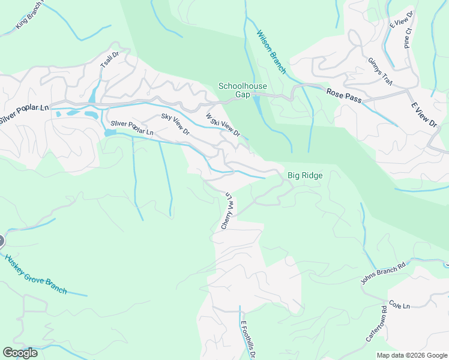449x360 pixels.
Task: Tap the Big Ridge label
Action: click(x=305, y=176)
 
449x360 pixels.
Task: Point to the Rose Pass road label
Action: click(x=344, y=95)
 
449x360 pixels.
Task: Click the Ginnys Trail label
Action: click(x=379, y=72)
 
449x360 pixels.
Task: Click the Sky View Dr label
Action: click(x=175, y=124)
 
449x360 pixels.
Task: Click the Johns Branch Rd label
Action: click(x=383, y=272)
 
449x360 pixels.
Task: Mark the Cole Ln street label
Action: click(x=399, y=305)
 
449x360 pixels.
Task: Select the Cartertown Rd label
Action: click(x=376, y=325)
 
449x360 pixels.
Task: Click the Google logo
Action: click(x=20, y=352)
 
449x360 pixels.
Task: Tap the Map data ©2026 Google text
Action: click(x=411, y=355)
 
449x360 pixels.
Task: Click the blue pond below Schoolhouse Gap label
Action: click(x=258, y=106)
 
